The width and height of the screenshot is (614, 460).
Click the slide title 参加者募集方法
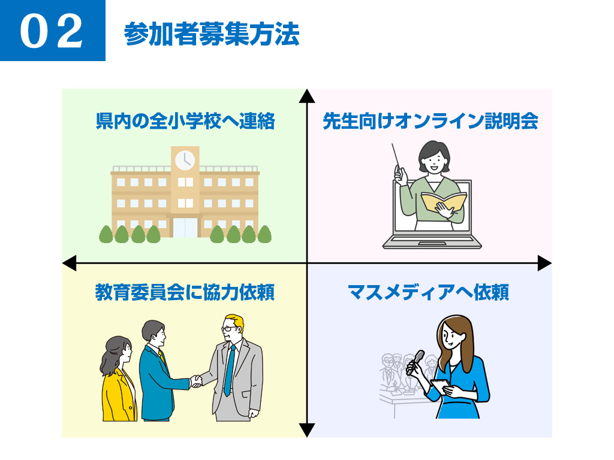(x=212, y=35)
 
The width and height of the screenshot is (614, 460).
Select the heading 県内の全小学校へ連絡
(x=185, y=122)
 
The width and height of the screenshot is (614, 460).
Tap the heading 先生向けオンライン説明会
(x=430, y=122)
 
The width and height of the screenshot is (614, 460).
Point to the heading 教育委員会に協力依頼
(x=185, y=293)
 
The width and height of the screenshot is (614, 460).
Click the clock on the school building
(x=185, y=160)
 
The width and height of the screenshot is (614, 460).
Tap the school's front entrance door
(x=185, y=227)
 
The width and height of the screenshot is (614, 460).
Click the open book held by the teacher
(x=443, y=202)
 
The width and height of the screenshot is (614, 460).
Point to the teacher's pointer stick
(x=396, y=158)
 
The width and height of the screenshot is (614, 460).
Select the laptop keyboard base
(x=432, y=243)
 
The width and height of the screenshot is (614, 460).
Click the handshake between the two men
(x=196, y=381)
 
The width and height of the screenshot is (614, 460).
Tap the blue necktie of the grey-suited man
(x=229, y=371)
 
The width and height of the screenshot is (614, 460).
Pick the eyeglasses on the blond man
(x=230, y=329)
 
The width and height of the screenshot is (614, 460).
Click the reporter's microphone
(x=416, y=362)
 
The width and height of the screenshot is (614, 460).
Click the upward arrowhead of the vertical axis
(x=307, y=96)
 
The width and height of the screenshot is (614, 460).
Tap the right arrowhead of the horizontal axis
(x=544, y=263)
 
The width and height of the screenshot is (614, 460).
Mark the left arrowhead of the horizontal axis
(x=70, y=263)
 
